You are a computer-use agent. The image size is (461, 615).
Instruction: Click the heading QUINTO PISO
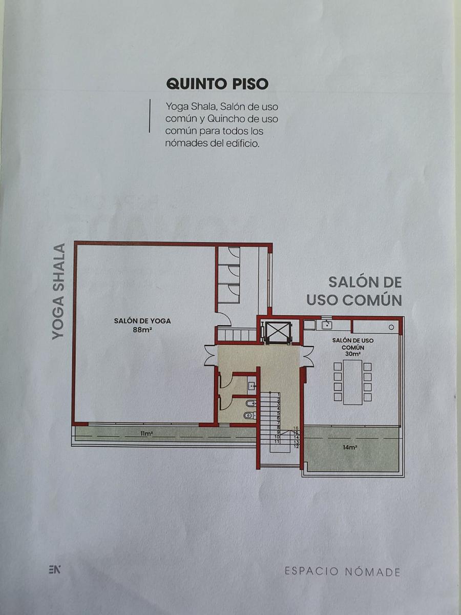pos(217,84)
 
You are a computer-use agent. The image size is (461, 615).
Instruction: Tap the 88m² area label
pos(142,330)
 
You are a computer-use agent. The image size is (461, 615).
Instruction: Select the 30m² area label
pos(353,354)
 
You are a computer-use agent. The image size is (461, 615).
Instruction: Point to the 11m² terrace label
pos(146,434)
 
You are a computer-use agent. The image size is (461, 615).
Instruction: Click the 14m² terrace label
pos(350,447)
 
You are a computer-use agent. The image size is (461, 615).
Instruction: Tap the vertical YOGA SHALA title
pos(59,292)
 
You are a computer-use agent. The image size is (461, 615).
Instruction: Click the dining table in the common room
pos(353,382)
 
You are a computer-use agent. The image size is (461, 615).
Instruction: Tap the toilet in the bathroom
pos(249,415)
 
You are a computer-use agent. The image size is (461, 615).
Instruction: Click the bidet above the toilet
pos(250,403)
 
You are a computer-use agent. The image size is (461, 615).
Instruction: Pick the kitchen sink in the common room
pos(327,325)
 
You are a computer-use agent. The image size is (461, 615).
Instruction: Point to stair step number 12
pos(297,446)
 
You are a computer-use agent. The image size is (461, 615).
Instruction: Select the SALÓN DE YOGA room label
pos(142,321)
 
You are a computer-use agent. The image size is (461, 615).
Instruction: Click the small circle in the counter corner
pos(391,327)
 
